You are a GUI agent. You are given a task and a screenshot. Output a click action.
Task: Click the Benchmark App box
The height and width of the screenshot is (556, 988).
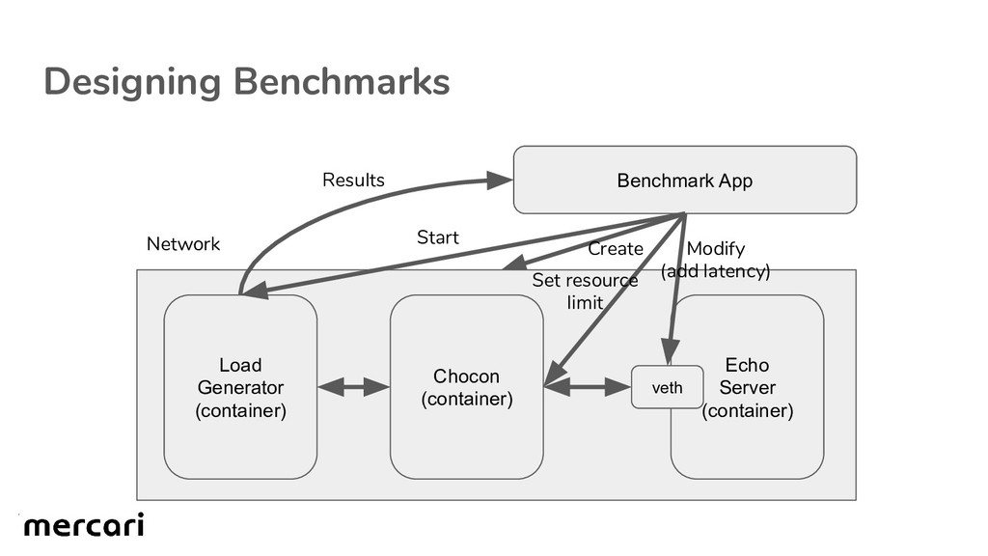coord(684,181)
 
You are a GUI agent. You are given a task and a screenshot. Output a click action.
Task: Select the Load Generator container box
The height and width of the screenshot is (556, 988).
coord(240,387)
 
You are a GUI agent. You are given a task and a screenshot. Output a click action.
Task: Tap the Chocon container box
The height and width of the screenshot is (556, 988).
coord(466,387)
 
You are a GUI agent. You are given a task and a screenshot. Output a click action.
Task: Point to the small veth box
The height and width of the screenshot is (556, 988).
coord(667,388)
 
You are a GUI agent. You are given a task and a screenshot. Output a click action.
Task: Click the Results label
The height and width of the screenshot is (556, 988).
coord(353,181)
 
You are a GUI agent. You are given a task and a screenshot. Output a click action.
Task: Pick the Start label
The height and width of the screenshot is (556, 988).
coord(437,237)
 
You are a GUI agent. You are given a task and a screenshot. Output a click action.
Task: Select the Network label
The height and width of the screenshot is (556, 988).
coord(183,244)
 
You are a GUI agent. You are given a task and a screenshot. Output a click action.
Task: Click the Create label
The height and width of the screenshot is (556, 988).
coord(616,249)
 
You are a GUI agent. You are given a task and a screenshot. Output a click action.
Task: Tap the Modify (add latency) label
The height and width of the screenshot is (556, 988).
coord(715,261)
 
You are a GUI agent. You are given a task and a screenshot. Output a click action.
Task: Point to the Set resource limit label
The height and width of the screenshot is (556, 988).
coord(585,292)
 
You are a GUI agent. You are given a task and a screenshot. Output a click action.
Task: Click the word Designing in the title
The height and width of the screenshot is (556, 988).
coord(132,82)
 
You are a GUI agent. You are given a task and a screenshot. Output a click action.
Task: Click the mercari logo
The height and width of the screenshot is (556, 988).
coord(84,526)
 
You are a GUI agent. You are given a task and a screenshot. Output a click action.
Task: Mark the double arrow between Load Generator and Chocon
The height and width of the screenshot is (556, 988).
coord(353,388)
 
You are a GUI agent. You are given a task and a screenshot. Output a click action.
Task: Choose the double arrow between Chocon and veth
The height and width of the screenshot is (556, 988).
coord(587,388)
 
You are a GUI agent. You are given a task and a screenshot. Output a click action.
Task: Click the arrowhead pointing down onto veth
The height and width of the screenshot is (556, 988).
coord(668,354)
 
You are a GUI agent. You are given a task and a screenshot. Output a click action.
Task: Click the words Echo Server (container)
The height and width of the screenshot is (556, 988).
coord(747,388)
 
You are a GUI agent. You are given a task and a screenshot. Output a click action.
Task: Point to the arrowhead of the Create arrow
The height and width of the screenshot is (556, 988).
coord(512,263)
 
